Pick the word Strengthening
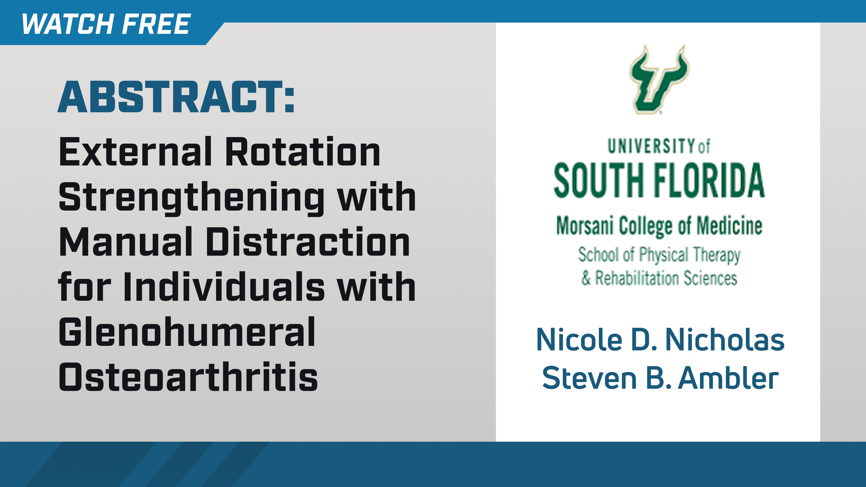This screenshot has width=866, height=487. pyautogui.click(x=192, y=198)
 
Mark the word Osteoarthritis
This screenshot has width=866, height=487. pyautogui.click(x=188, y=377)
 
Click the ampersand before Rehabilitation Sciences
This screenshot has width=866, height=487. pyautogui.click(x=586, y=278)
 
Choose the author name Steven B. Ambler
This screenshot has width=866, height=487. pyautogui.click(x=660, y=378)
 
